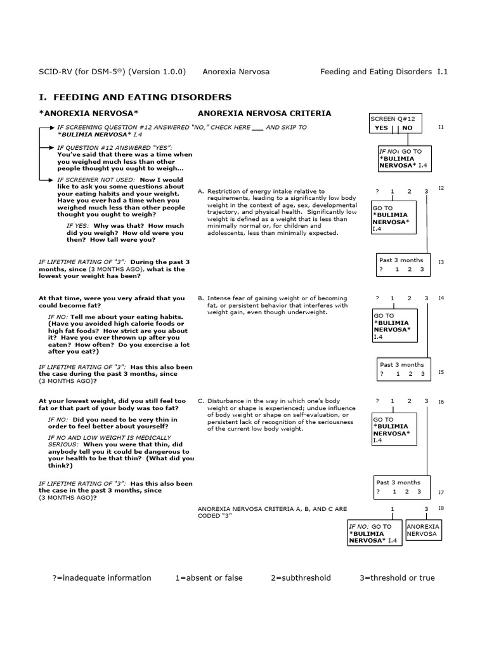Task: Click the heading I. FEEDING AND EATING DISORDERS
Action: pyautogui.click(x=135, y=97)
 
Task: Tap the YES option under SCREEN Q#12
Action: pyautogui.click(x=382, y=128)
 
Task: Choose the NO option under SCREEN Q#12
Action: pyautogui.click(x=407, y=128)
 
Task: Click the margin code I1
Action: pyautogui.click(x=441, y=127)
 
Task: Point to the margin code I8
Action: pyautogui.click(x=441, y=508)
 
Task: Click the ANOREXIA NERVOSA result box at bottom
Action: pyautogui.click(x=423, y=531)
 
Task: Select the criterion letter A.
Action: pyautogui.click(x=200, y=191)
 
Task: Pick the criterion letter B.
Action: pyautogui.click(x=200, y=298)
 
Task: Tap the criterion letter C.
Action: pyautogui.click(x=200, y=401)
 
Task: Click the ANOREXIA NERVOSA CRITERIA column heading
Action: pyautogui.click(x=264, y=114)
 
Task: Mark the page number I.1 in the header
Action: pyautogui.click(x=442, y=72)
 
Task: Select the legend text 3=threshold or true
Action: pyautogui.click(x=397, y=578)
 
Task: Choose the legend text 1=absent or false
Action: pyautogui.click(x=209, y=578)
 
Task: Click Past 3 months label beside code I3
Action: pyautogui.click(x=401, y=260)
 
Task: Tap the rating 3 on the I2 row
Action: pyautogui.click(x=426, y=191)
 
